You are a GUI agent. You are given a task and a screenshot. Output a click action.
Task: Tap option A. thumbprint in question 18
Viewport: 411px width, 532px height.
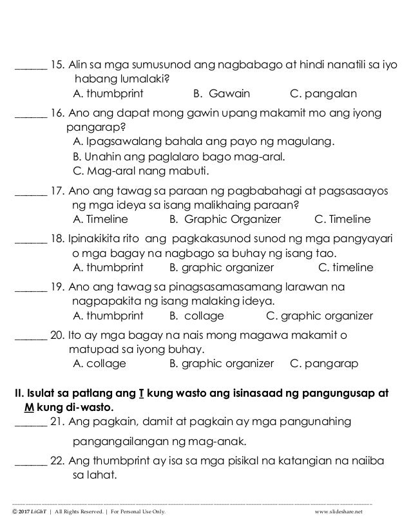point(106,267)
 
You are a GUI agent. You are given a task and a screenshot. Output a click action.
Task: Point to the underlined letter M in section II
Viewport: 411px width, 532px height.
point(28,408)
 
